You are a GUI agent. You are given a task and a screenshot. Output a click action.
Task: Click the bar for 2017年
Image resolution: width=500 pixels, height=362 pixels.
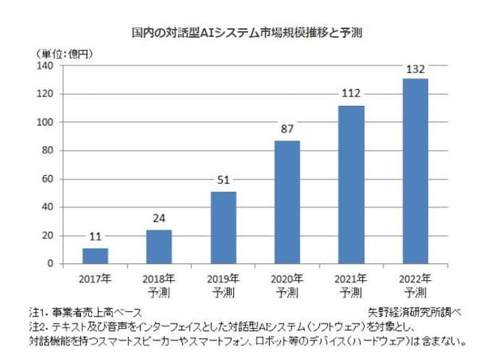coord(95,255)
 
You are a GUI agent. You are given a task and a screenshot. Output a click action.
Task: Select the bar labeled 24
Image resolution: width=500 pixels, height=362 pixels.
coord(159,246)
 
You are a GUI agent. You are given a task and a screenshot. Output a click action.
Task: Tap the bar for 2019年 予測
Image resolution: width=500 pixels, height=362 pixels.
coord(223,227)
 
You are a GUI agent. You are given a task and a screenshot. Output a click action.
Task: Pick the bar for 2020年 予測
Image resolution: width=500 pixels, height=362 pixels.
coord(287,202)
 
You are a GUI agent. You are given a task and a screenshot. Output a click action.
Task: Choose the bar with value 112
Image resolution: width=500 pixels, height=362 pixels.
coord(351,184)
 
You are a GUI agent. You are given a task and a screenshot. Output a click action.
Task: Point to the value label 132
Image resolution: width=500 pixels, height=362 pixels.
coord(415,70)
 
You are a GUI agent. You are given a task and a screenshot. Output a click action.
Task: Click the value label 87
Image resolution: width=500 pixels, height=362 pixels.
coord(287,131)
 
